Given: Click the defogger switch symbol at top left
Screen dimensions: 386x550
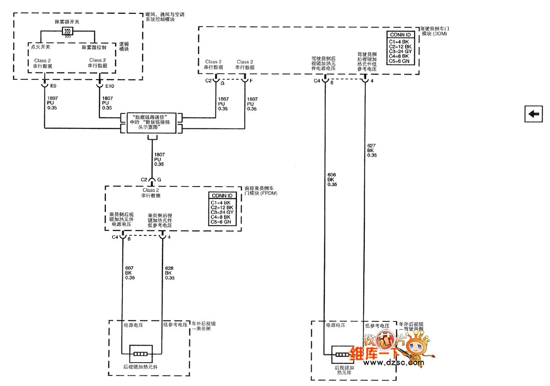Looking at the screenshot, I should [x=68, y=32].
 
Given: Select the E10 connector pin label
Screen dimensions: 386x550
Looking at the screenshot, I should [x=110, y=86].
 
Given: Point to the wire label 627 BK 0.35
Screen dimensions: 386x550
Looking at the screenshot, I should [x=372, y=150].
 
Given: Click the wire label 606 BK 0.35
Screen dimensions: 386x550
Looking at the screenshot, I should [x=332, y=180].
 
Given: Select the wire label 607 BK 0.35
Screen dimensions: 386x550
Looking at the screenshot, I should [x=130, y=273].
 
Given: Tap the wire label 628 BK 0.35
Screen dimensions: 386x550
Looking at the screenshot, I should [x=170, y=273].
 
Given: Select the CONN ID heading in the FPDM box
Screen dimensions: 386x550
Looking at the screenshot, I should [x=222, y=196].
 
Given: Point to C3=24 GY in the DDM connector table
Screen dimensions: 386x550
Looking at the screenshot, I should [x=400, y=51].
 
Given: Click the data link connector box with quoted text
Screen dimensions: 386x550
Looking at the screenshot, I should [x=151, y=124].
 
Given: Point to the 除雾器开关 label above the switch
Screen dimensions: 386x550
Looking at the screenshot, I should [x=68, y=22].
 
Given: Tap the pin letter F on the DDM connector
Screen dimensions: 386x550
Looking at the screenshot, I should [x=251, y=81].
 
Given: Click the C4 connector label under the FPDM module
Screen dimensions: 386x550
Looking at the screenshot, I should [x=115, y=237].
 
